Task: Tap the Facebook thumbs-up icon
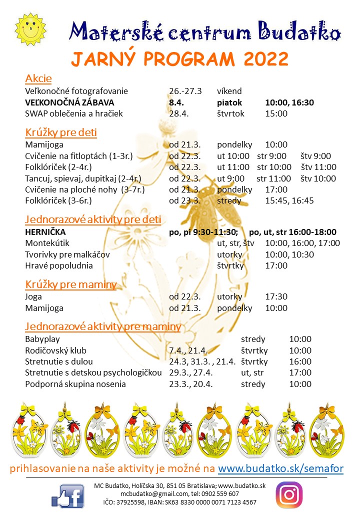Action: tap(67, 496)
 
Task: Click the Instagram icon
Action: tap(289, 495)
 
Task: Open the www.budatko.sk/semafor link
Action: tap(280, 468)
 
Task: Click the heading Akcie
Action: tap(38, 78)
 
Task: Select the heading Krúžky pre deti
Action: tap(61, 132)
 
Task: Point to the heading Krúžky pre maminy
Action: tap(70, 284)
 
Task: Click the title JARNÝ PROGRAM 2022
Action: tap(179, 59)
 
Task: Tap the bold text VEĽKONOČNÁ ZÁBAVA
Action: tap(70, 102)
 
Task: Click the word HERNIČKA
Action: tap(45, 232)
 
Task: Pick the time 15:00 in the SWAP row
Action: tap(276, 113)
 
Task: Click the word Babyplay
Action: tap(43, 339)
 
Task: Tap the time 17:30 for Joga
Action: tap(276, 296)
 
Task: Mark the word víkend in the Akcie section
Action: tap(229, 91)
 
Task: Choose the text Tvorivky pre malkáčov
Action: tap(67, 254)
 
